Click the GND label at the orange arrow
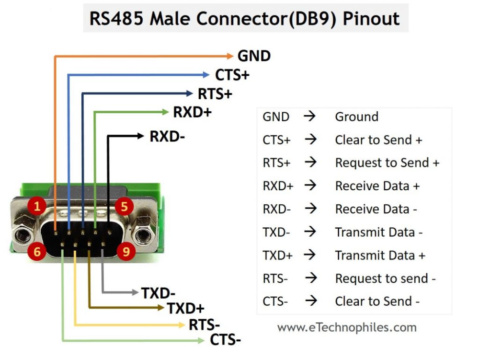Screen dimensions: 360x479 [x=254, y=56]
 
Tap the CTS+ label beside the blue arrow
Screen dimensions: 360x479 [x=232, y=75]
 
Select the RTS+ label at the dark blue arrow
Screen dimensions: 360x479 [x=215, y=94]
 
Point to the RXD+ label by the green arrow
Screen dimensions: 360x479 [x=192, y=113]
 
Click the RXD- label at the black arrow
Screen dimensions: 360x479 [x=167, y=137]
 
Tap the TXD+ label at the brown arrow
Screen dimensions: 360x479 [x=185, y=308]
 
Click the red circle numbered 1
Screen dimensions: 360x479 [x=37, y=207]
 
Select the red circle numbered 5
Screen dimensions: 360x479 [x=124, y=207]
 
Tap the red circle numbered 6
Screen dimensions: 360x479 [x=37, y=251]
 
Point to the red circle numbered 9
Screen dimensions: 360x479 [x=125, y=251]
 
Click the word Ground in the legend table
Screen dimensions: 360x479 [x=356, y=117]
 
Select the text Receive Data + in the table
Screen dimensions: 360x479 [x=377, y=186]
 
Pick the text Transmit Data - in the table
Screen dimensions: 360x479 [x=378, y=232]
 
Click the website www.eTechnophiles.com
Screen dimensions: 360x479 [x=347, y=328]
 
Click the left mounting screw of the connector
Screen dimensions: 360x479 [x=22, y=235]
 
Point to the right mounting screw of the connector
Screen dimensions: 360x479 [x=142, y=235]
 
